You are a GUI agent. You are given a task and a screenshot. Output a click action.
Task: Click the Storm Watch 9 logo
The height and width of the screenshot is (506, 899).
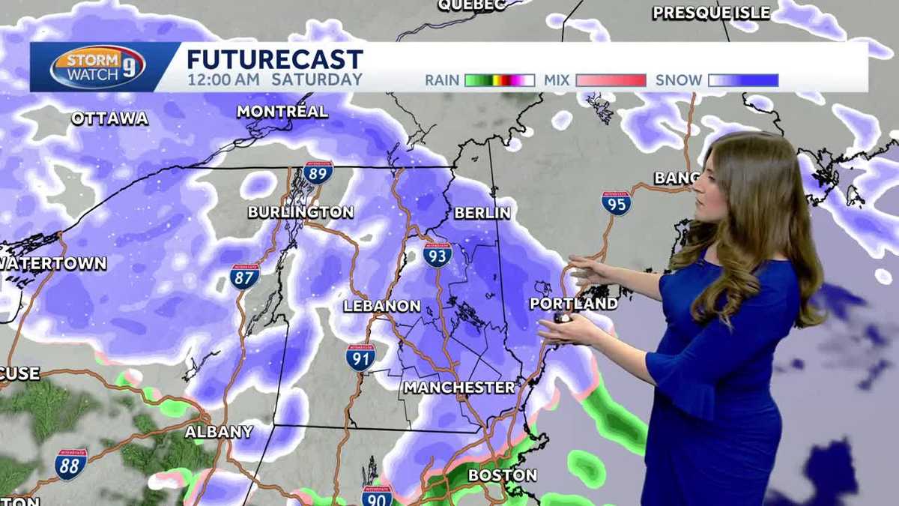tap(97, 67)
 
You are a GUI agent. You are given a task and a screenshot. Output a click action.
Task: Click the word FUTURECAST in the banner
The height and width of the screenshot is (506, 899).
tap(274, 59)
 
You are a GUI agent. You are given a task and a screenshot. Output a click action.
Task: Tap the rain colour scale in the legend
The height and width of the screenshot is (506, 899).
tap(500, 80)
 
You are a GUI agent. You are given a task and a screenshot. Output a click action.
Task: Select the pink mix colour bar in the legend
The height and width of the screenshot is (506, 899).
tap(611, 80)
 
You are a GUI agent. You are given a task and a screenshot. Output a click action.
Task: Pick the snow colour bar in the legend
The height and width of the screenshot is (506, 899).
tap(743, 80)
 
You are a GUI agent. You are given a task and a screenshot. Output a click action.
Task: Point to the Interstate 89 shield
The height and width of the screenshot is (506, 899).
tap(318, 172)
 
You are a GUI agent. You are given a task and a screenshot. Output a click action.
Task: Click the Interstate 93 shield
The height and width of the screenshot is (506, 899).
tap(438, 255)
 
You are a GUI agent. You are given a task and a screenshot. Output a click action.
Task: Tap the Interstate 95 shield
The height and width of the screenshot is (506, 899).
tap(616, 203)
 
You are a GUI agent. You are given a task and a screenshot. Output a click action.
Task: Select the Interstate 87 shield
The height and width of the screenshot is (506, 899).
tap(245, 277)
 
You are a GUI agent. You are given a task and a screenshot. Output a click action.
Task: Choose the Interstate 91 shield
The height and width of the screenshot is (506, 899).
tap(360, 358)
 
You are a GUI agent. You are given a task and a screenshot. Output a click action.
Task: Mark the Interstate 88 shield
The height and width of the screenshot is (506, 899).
tap(71, 464)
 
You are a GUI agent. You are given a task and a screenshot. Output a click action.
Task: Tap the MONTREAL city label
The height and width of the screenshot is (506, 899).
tap(282, 112)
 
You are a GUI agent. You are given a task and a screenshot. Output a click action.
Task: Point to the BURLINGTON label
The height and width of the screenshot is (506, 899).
tap(300, 212)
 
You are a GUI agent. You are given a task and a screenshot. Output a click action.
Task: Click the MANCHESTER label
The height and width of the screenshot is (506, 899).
tap(459, 388)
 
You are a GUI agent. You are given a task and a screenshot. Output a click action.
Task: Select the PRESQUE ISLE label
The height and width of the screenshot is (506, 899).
tap(711, 13)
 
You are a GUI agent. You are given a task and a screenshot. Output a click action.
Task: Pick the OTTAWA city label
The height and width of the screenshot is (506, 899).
tap(110, 118)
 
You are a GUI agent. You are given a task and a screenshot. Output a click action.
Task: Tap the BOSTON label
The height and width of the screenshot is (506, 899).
tap(502, 475)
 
